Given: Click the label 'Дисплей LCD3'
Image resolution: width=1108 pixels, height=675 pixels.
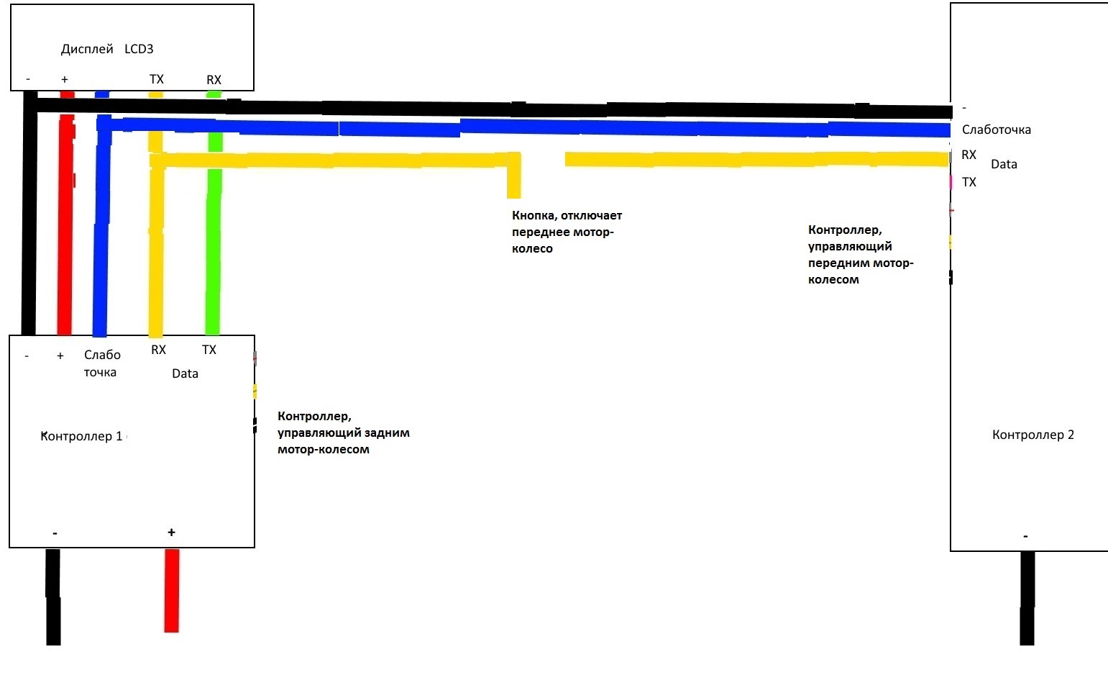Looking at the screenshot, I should pos(107,49).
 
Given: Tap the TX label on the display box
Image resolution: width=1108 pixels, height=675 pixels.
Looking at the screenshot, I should pos(157,79).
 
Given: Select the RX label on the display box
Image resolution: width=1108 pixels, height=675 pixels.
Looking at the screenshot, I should pos(214,80).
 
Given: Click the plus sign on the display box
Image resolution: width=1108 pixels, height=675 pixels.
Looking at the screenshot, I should pos(65,80).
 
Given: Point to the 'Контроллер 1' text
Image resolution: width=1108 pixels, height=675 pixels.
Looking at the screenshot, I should pos(81,436).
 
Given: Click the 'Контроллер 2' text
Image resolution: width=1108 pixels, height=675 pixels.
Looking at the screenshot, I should pos(1033,435).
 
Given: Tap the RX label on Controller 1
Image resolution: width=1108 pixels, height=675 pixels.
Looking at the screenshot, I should pos(158,350).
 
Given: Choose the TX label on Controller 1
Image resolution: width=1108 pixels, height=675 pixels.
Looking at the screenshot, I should pos(209,350).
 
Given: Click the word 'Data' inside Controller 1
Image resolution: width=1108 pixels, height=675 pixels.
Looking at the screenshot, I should pos(185,373).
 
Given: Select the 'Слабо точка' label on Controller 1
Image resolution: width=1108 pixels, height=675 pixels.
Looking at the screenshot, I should pos(101,363).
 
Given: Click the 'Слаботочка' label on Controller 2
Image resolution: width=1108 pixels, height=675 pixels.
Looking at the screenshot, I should pos(996,130).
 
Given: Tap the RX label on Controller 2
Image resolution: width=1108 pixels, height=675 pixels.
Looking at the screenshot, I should pos(969,155).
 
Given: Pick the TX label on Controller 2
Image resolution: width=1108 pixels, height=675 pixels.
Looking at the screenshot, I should pos(969,182).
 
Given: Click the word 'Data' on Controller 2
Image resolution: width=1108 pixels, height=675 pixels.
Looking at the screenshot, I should pos(1004,164).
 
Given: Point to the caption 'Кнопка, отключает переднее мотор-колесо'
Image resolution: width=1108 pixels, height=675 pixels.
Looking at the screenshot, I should pos(567,232).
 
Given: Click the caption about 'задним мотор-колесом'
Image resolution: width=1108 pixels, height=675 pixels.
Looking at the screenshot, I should pos(343,432).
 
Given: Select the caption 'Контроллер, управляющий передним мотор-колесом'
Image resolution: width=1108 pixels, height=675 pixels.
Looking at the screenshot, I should pos(860,255).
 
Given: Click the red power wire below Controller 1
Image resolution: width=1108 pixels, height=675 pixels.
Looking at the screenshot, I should pos(171,590).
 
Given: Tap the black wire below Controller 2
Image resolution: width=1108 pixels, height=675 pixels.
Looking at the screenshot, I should pos(1027,597).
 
